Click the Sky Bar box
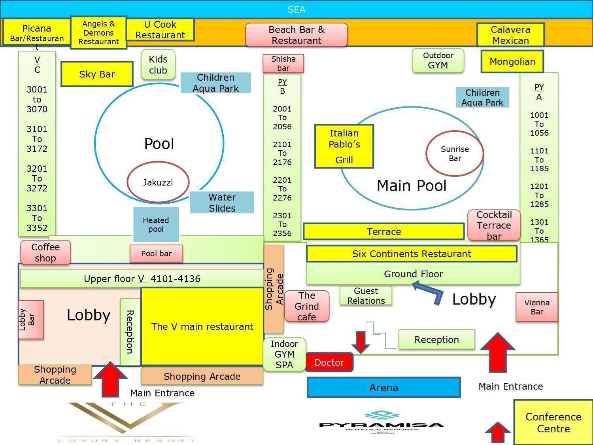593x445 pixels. pyautogui.click(x=97, y=74)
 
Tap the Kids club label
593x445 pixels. pyautogui.click(x=158, y=64)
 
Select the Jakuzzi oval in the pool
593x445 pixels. pyautogui.click(x=158, y=182)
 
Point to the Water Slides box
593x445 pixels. pyautogui.click(x=222, y=203)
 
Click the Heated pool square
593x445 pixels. pyautogui.click(x=156, y=224)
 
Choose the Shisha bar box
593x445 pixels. pyautogui.click(x=283, y=63)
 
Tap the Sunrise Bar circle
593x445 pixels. pyautogui.click(x=455, y=153)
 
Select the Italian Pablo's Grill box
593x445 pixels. pyautogui.click(x=344, y=146)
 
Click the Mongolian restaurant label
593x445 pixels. pyautogui.click(x=512, y=62)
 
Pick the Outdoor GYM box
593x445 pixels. pyautogui.click(x=438, y=61)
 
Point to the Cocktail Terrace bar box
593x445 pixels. pyautogui.click(x=494, y=225)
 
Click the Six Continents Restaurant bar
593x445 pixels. pyautogui.click(x=412, y=254)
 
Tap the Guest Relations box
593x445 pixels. pyautogui.click(x=366, y=295)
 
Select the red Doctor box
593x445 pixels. pyautogui.click(x=329, y=362)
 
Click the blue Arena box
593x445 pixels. pyautogui.click(x=383, y=387)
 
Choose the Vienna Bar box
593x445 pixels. pyautogui.click(x=536, y=307)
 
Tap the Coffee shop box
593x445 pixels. pyautogui.click(x=45, y=252)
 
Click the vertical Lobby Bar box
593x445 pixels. pyautogui.click(x=31, y=320)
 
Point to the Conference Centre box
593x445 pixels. pyautogui.click(x=553, y=422)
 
